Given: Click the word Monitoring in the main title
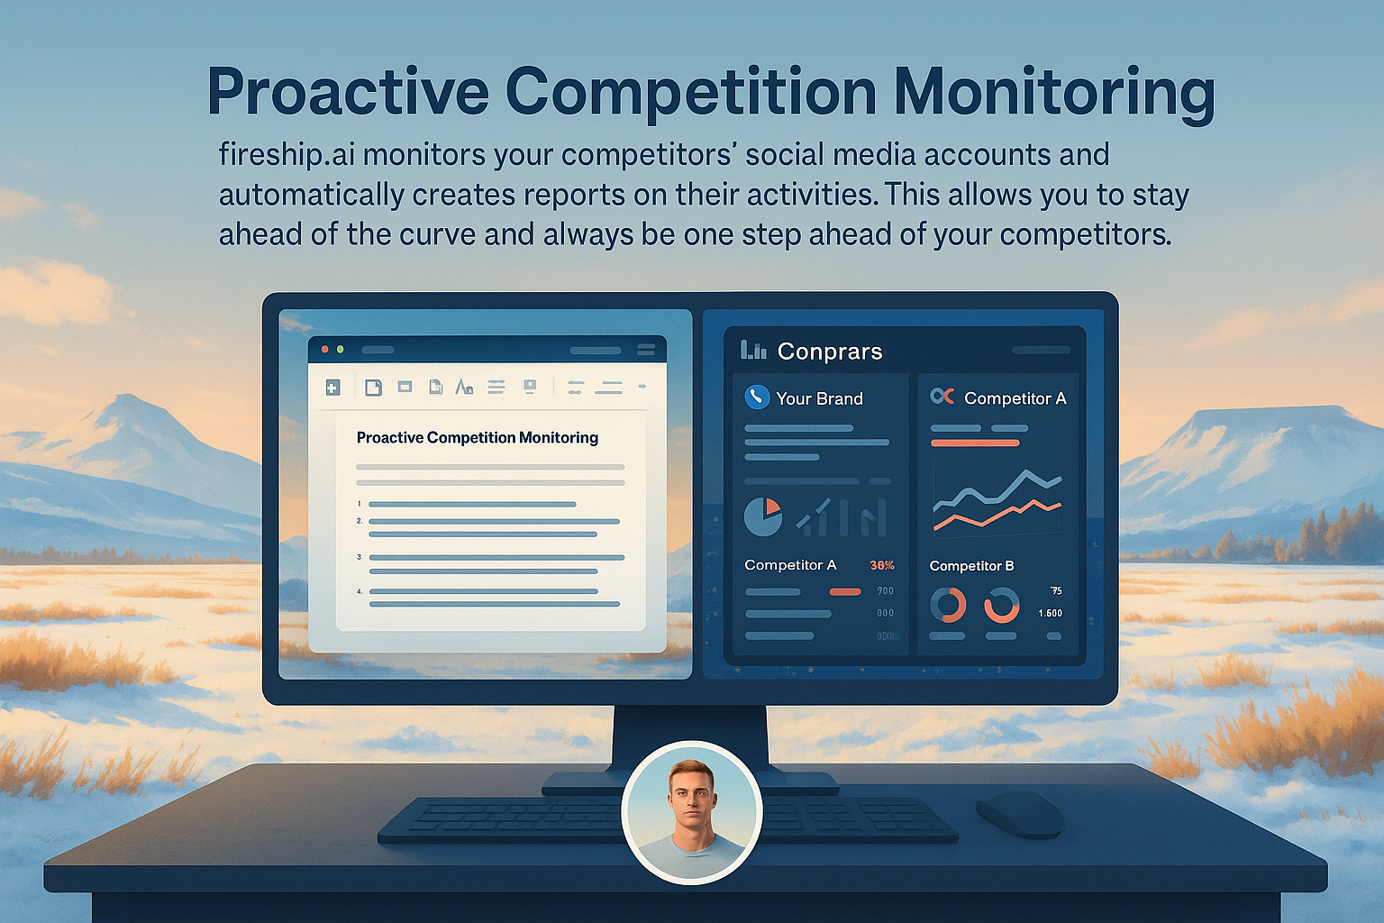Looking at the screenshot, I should coord(1054,93).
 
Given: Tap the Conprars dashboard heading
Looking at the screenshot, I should coord(829,352).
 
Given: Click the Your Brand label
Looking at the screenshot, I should coord(819,398).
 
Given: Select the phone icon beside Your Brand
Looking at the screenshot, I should coord(757,397).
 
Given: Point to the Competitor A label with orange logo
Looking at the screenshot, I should coord(1015,398).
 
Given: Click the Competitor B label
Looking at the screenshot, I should coord(971,566).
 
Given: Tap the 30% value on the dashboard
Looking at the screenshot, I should coord(882,566).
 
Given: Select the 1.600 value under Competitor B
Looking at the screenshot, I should coord(1050,614).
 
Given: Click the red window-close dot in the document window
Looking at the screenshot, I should coord(325,349).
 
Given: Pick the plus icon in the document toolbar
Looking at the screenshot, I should coord(332,388).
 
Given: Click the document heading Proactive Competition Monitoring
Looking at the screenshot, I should coord(477,438).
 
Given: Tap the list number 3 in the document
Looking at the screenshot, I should coord(359,558).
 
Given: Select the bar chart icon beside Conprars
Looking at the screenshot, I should coord(753,350).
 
